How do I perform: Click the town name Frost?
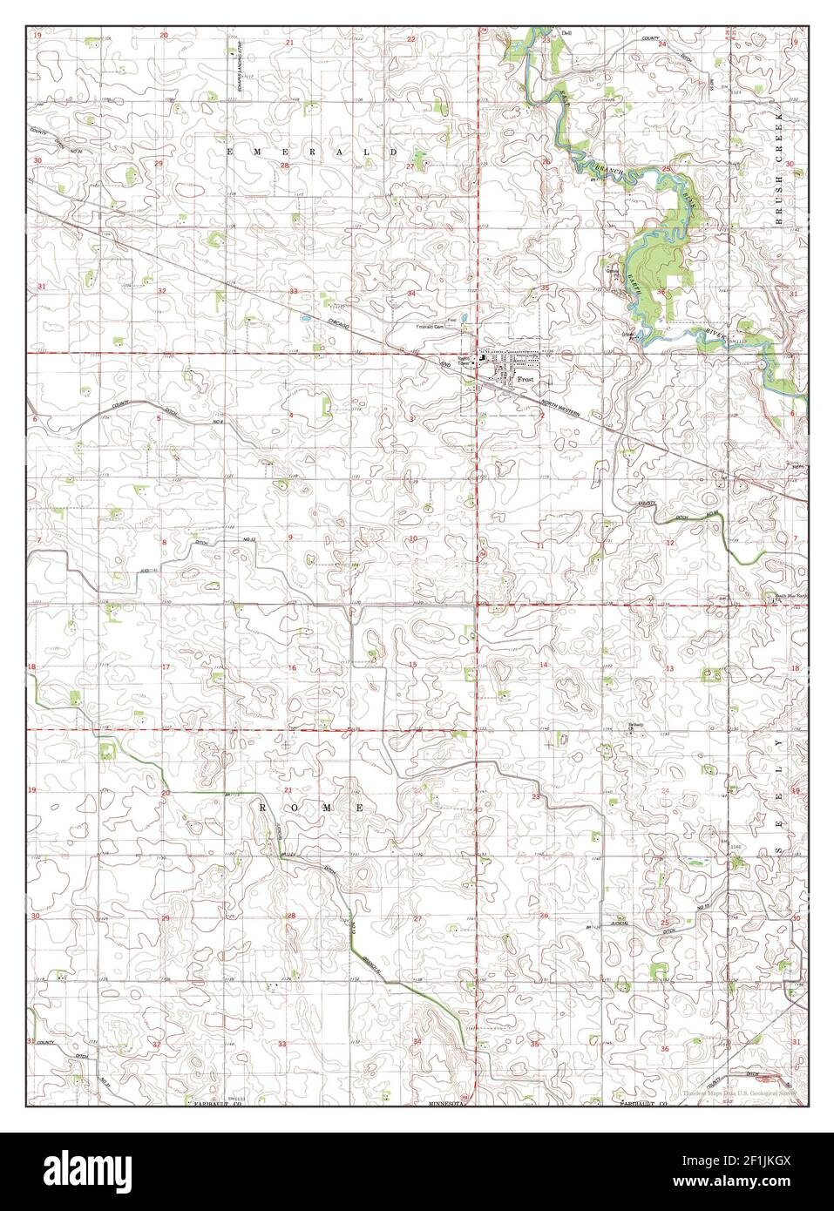point(525,380)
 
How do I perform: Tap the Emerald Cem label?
point(433,327)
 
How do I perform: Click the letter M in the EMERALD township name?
point(261,151)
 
